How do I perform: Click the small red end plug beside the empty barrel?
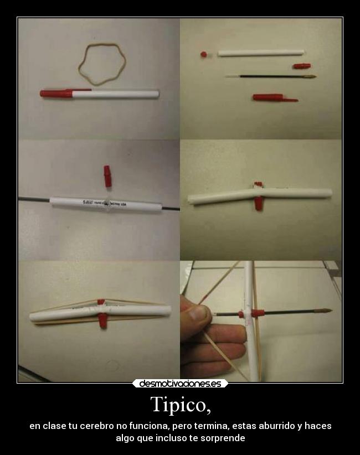pos(203,54)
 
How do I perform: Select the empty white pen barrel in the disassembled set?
pos(260,53)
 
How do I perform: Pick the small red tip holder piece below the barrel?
pos(301,66)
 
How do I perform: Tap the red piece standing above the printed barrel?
pos(107,176)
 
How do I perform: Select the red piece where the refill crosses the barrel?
pos(256,313)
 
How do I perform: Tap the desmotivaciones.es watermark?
pos(180,383)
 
